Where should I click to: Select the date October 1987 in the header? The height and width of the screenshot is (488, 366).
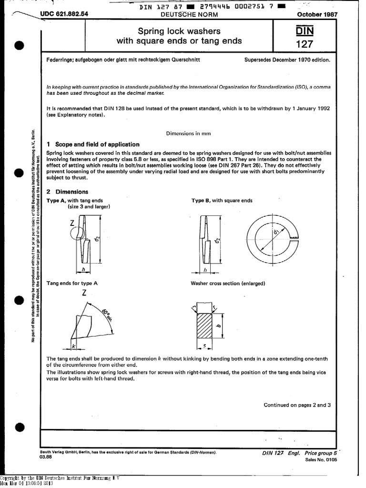(317, 14)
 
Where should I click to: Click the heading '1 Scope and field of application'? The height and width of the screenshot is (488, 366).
(93, 144)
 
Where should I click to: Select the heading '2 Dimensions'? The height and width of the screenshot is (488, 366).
(67, 192)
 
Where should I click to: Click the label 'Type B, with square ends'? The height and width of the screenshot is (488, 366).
(222, 201)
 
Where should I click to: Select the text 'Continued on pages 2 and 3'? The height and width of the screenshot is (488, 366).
(297, 405)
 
